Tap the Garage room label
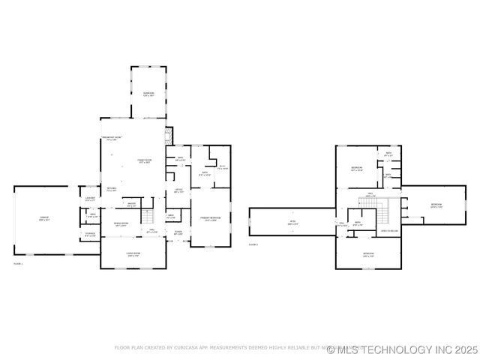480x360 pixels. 44,219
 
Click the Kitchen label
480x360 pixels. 111,190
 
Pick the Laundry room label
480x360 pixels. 90,199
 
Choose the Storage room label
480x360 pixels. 90,235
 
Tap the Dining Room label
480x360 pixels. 121,224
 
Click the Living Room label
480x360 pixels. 133,254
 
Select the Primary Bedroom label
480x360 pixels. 208,219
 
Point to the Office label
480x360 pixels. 179,190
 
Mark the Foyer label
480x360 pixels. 178,232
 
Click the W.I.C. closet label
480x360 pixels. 221,167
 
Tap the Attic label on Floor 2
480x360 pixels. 293,222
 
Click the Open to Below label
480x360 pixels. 388,231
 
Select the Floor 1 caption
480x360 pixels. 18,264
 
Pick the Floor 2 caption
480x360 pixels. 253,244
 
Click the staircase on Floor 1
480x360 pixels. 148,217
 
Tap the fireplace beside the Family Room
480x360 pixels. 169,136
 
